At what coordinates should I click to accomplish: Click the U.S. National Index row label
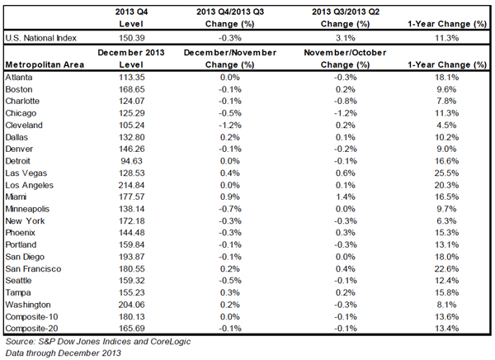point(40,38)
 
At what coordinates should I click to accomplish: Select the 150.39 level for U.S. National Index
point(132,38)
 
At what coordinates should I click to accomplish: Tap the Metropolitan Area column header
point(45,64)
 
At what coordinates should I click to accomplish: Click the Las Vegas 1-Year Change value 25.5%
point(446,173)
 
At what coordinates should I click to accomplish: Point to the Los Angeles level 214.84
point(132,185)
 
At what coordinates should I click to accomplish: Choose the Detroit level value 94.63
point(132,161)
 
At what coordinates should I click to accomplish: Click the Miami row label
point(16,197)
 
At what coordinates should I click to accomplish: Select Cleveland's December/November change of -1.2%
point(230,126)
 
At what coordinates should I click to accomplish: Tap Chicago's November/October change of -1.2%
point(346,113)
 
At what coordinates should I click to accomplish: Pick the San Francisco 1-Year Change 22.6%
point(446,268)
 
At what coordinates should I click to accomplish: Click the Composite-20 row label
point(31,329)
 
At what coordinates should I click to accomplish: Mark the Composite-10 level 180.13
point(132,316)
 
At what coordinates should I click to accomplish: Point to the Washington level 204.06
point(132,305)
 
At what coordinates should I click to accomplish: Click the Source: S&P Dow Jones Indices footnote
point(98,341)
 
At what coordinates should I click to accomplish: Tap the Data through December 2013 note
point(64,353)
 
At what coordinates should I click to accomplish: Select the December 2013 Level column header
point(131,59)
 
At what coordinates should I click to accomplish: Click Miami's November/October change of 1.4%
point(346,197)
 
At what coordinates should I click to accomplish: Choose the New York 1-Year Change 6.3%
point(446,221)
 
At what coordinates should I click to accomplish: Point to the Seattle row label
point(18,281)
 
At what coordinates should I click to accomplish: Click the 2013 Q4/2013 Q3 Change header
point(230,17)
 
